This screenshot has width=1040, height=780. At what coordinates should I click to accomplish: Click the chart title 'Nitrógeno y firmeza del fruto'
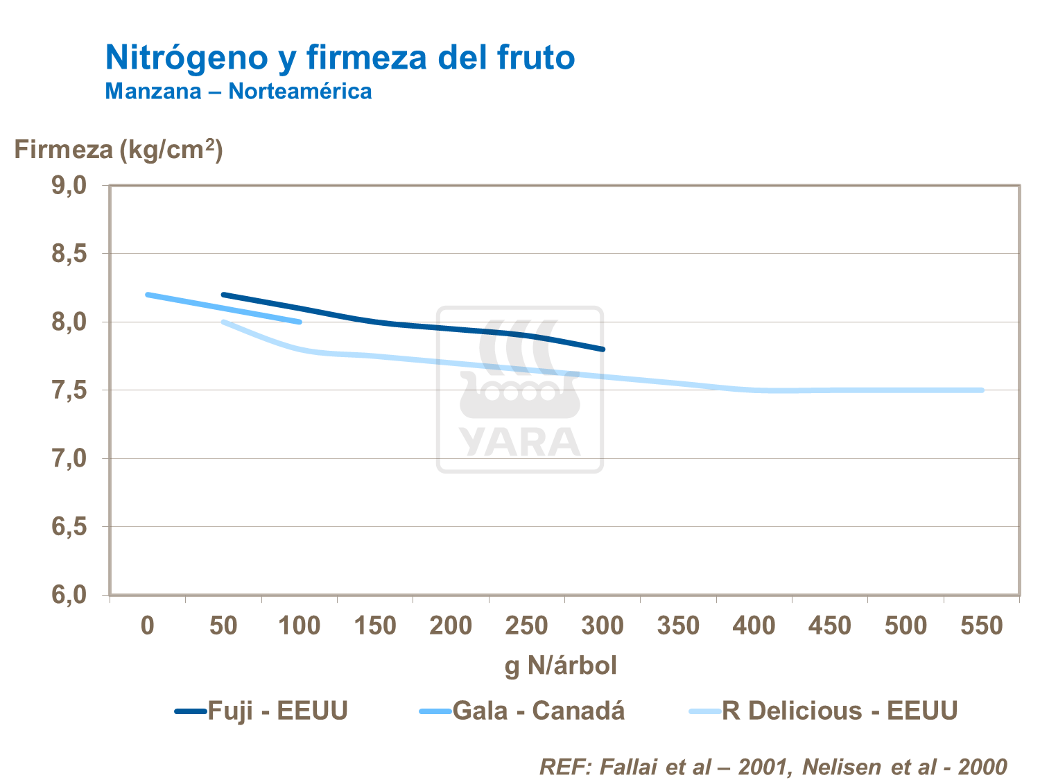tap(340, 57)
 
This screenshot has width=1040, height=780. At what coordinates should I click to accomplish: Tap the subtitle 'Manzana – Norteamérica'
tap(238, 91)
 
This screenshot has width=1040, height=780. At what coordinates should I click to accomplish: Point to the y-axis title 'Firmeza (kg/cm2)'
tap(119, 149)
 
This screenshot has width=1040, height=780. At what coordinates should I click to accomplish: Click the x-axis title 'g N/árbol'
tap(560, 666)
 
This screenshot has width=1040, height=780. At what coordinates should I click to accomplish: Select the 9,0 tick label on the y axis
tap(69, 185)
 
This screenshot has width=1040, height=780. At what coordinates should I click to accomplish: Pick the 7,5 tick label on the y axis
tap(69, 390)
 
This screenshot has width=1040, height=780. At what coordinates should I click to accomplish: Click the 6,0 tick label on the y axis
tap(69, 595)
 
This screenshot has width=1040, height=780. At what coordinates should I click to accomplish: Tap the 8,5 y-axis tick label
tap(69, 254)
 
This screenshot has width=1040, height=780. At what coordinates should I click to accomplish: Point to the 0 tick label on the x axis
tap(147, 626)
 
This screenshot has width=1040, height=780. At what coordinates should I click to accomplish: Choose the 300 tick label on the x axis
tap(603, 626)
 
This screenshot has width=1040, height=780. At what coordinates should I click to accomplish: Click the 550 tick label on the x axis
tap(981, 626)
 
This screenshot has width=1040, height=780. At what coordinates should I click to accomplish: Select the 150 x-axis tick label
tap(375, 626)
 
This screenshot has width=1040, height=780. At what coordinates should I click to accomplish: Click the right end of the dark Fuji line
tap(603, 349)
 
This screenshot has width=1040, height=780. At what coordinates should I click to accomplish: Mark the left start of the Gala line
tap(148, 295)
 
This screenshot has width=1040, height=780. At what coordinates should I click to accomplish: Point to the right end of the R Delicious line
tap(982, 390)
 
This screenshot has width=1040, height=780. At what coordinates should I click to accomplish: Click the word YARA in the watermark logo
tap(520, 442)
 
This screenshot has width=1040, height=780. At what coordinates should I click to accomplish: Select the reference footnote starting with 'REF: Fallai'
tap(772, 766)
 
